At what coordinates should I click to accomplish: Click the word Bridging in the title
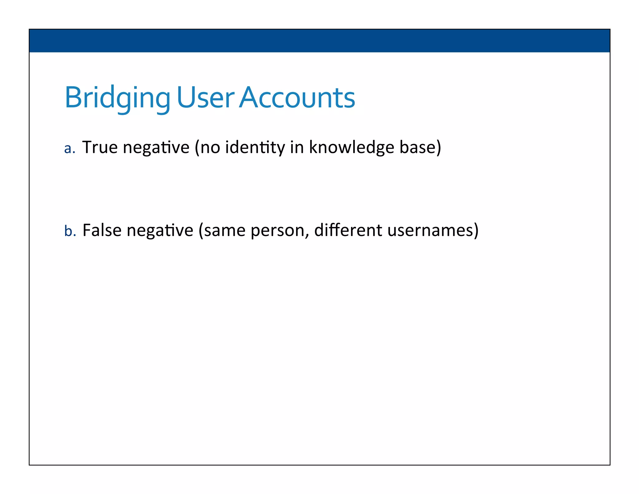tap(117, 98)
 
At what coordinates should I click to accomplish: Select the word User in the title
tap(205, 97)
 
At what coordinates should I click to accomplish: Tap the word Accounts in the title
tap(297, 97)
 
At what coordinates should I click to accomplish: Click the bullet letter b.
tap(68, 231)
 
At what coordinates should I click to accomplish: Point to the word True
tap(100, 147)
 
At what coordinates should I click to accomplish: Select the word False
tap(102, 230)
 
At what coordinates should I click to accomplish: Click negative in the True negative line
tap(156, 148)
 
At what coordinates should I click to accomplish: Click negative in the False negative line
tap(160, 231)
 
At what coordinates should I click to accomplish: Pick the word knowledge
tap(351, 147)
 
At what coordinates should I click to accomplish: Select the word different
tap(348, 230)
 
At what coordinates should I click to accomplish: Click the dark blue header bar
tap(319, 41)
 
